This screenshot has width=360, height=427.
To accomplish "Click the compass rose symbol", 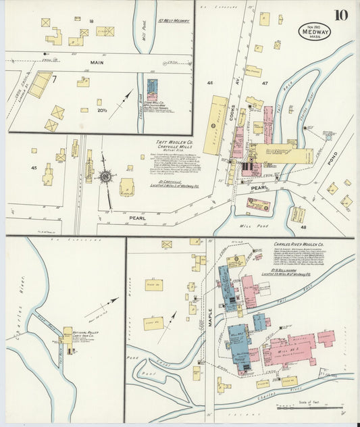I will (105, 177).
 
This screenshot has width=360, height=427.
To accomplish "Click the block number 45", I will (33, 167).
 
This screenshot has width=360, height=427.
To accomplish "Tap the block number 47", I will (265, 82).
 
